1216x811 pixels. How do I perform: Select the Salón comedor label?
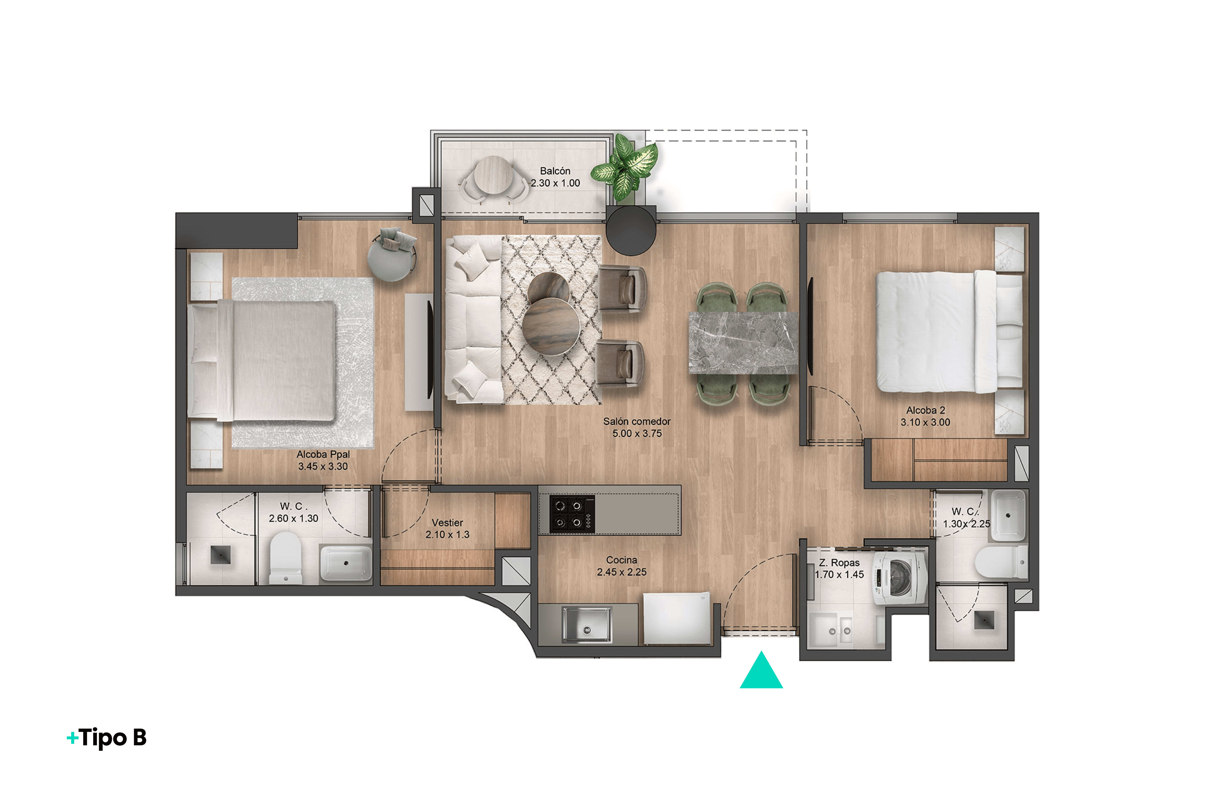(636, 421)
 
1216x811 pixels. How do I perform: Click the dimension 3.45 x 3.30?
(323, 467)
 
